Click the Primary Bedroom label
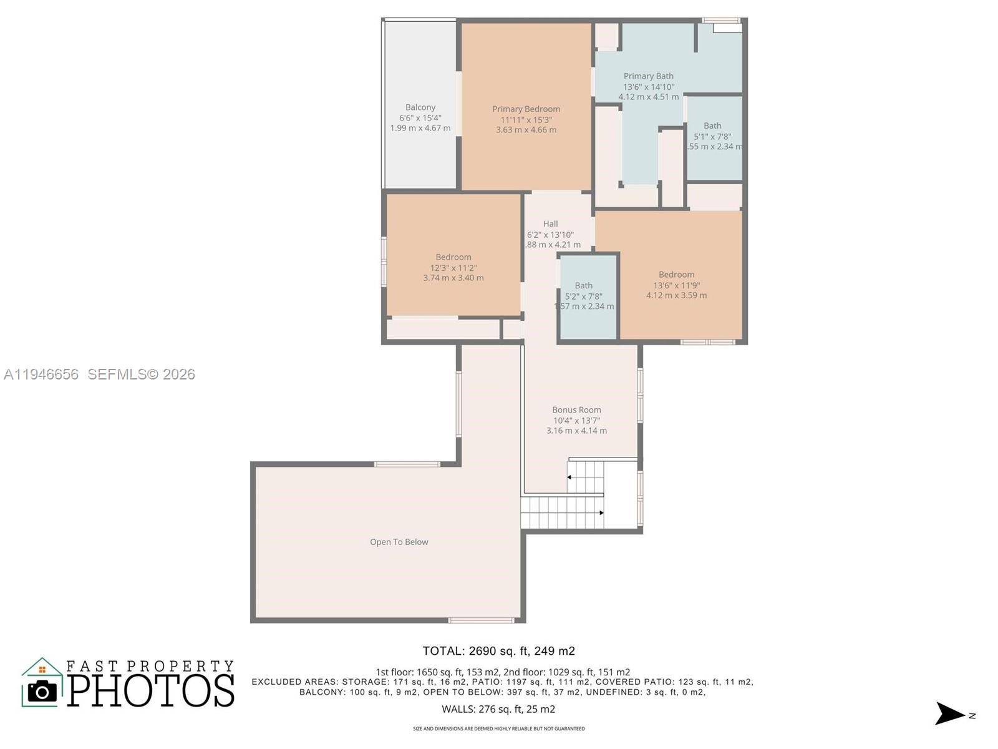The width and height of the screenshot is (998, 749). tap(526, 109)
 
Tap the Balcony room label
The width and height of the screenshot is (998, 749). tap(420, 107)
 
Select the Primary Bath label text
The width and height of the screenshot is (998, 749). tap(648, 76)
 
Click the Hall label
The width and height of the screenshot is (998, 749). tap(550, 224)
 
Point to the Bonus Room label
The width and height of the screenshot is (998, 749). tap(576, 410)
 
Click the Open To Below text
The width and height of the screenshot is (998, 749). tap(399, 542)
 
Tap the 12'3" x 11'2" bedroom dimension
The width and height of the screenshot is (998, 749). tap(453, 268)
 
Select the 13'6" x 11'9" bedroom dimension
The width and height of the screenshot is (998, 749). tap(676, 285)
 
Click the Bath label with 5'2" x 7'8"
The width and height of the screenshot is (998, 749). tap(584, 286)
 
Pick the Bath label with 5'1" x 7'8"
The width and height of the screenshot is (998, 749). tap(712, 125)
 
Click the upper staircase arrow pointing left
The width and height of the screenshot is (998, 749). tap(570, 477)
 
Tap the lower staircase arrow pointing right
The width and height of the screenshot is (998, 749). tap(601, 513)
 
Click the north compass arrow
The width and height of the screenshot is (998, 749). tap(949, 713)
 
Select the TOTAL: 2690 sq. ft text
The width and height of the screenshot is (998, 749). tap(498, 651)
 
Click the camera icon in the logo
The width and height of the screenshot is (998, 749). tap(42, 691)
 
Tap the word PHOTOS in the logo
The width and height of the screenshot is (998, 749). tap(151, 690)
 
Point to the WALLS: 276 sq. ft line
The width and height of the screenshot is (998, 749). tap(498, 709)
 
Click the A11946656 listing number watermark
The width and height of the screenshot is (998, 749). tap(41, 374)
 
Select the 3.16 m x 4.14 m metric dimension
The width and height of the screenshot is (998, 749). tap(576, 431)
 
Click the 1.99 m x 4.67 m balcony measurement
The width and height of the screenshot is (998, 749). tap(420, 128)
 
